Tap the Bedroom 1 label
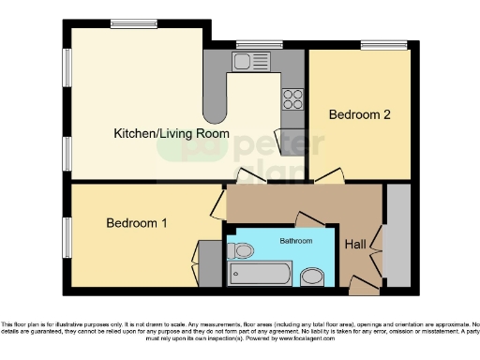138,223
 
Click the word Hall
356,245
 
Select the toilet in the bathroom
243,251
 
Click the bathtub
261,275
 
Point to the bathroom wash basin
312,276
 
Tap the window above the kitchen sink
260,43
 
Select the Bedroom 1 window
67,235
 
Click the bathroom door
310,219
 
